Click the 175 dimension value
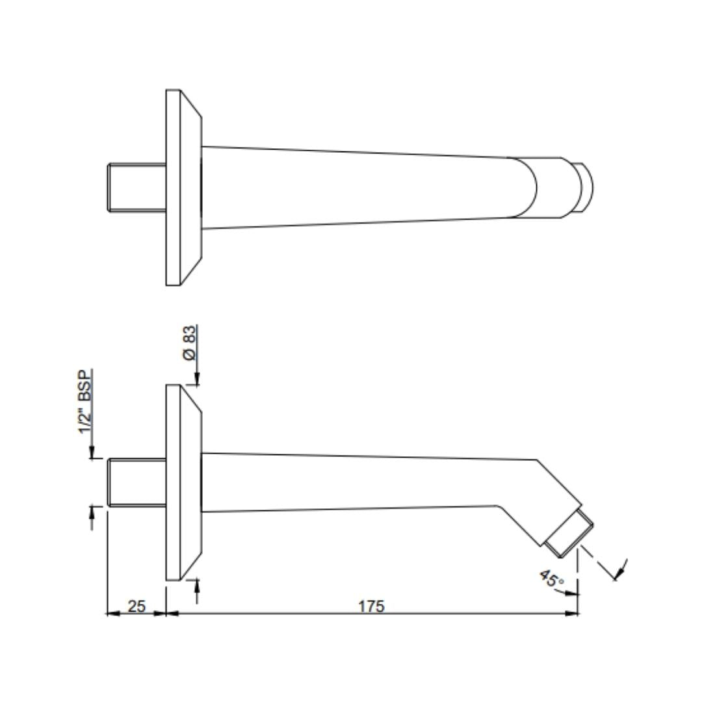[x=371, y=606]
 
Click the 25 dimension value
[x=136, y=606]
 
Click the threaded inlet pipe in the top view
[x=136, y=187]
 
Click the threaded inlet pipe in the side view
[x=136, y=482]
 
